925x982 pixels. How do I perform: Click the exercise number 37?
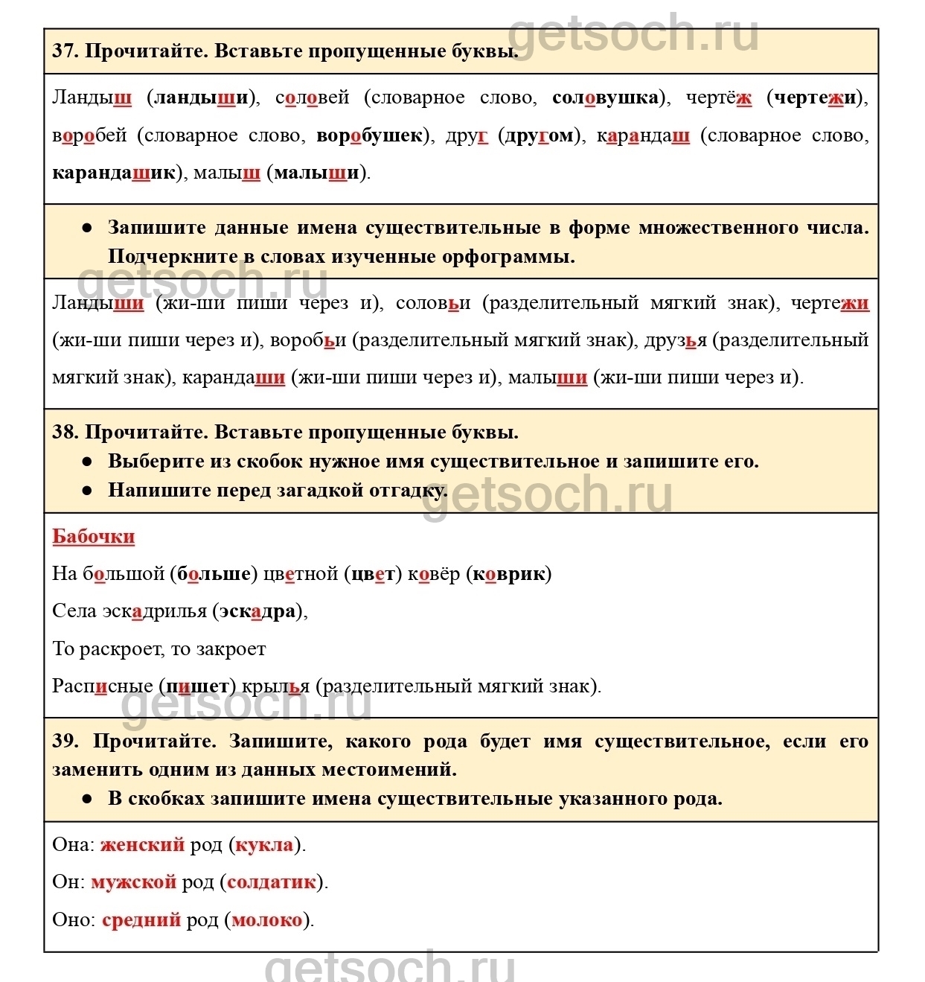pos(64,51)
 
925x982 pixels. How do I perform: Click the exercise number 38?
pos(64,433)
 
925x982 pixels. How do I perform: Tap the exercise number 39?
pos(65,741)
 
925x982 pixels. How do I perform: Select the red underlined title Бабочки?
pos(94,537)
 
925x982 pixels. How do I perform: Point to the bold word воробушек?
pos(369,135)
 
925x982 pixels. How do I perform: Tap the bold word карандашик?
pos(114,173)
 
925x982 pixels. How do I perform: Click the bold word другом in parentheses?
pos(540,135)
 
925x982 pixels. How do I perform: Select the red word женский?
pos(142,845)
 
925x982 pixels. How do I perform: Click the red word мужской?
pos(133,882)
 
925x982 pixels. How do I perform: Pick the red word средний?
pos(141,920)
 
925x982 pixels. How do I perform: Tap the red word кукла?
pos(264,845)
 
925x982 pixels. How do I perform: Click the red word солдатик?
pos(272,882)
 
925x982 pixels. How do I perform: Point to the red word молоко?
pos(267,920)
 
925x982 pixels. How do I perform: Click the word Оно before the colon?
pos(71,920)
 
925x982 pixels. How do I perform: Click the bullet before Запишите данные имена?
pos(88,228)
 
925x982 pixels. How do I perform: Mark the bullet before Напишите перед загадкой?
pos(88,491)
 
